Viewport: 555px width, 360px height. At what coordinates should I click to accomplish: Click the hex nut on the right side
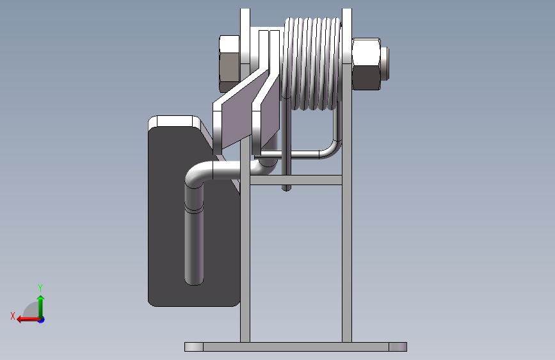coord(366,64)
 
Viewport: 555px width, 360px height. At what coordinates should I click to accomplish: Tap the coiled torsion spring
coord(312,64)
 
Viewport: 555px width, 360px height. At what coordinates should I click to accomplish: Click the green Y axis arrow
coord(41,306)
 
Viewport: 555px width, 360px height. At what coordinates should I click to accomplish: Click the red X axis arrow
coord(28,320)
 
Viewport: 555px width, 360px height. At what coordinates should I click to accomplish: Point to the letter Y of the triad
coord(40,288)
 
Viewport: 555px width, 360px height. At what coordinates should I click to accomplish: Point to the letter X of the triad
coord(13,316)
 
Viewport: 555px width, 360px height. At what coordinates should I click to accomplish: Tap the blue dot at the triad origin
coord(42,320)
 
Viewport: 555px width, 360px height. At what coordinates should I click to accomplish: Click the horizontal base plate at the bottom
coord(296,347)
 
